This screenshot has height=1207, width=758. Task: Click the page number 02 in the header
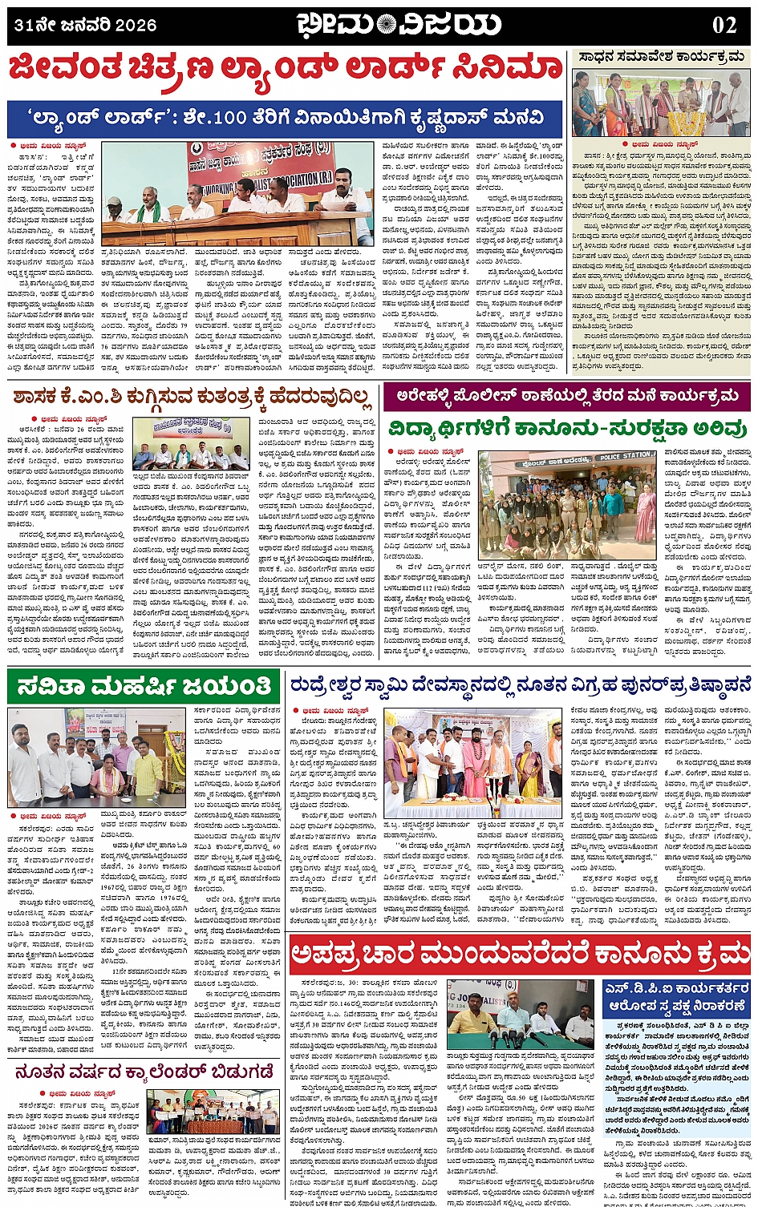pos(724,25)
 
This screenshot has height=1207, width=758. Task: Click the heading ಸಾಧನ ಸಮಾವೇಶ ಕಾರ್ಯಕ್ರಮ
pos(661,58)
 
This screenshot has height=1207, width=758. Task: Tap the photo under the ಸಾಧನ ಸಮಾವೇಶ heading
pos(661,103)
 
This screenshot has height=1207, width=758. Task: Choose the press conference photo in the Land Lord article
pos(237,194)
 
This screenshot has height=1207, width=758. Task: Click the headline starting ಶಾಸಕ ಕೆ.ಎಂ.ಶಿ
pos(193,397)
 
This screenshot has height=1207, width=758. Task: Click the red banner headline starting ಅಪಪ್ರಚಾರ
pos(520,954)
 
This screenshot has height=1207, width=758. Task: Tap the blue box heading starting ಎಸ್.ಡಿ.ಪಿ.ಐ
pos(678,996)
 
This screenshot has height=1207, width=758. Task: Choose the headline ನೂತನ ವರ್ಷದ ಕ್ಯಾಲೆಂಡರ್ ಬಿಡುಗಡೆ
pos(145,1072)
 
